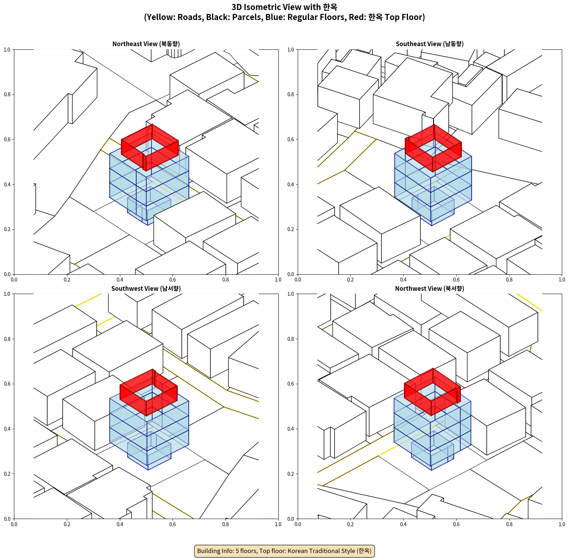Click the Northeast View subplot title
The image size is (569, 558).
pos(146,44)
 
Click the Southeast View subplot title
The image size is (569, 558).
pos(429,44)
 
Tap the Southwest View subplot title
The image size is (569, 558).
pos(146,289)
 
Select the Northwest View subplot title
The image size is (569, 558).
pos(429,289)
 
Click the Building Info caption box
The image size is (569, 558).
pos(284,551)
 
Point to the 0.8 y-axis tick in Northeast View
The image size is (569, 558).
pos(7,94)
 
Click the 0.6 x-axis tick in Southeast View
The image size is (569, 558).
pos(456,280)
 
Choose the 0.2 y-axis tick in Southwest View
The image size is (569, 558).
pos(7,474)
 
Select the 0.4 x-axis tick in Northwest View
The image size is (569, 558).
pos(403,524)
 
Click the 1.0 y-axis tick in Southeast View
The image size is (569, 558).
pos(291,50)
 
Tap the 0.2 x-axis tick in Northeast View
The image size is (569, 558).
pos(67,280)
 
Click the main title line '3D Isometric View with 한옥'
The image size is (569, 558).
pos(284,7)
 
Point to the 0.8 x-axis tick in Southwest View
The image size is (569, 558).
pos(225,524)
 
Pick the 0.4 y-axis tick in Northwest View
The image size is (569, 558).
pos(291,429)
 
